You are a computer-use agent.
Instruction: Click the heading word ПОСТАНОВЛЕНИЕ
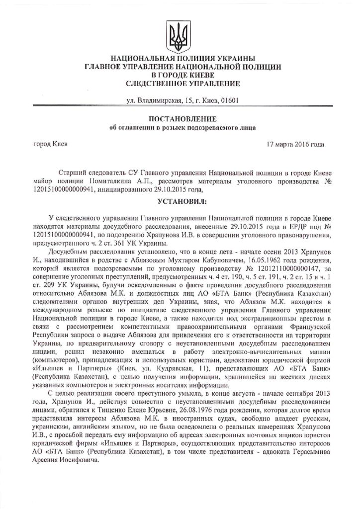coord(180,119)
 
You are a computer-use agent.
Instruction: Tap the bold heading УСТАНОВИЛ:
coord(180,202)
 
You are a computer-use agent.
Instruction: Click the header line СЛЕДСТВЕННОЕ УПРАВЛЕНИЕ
coord(180,83)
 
